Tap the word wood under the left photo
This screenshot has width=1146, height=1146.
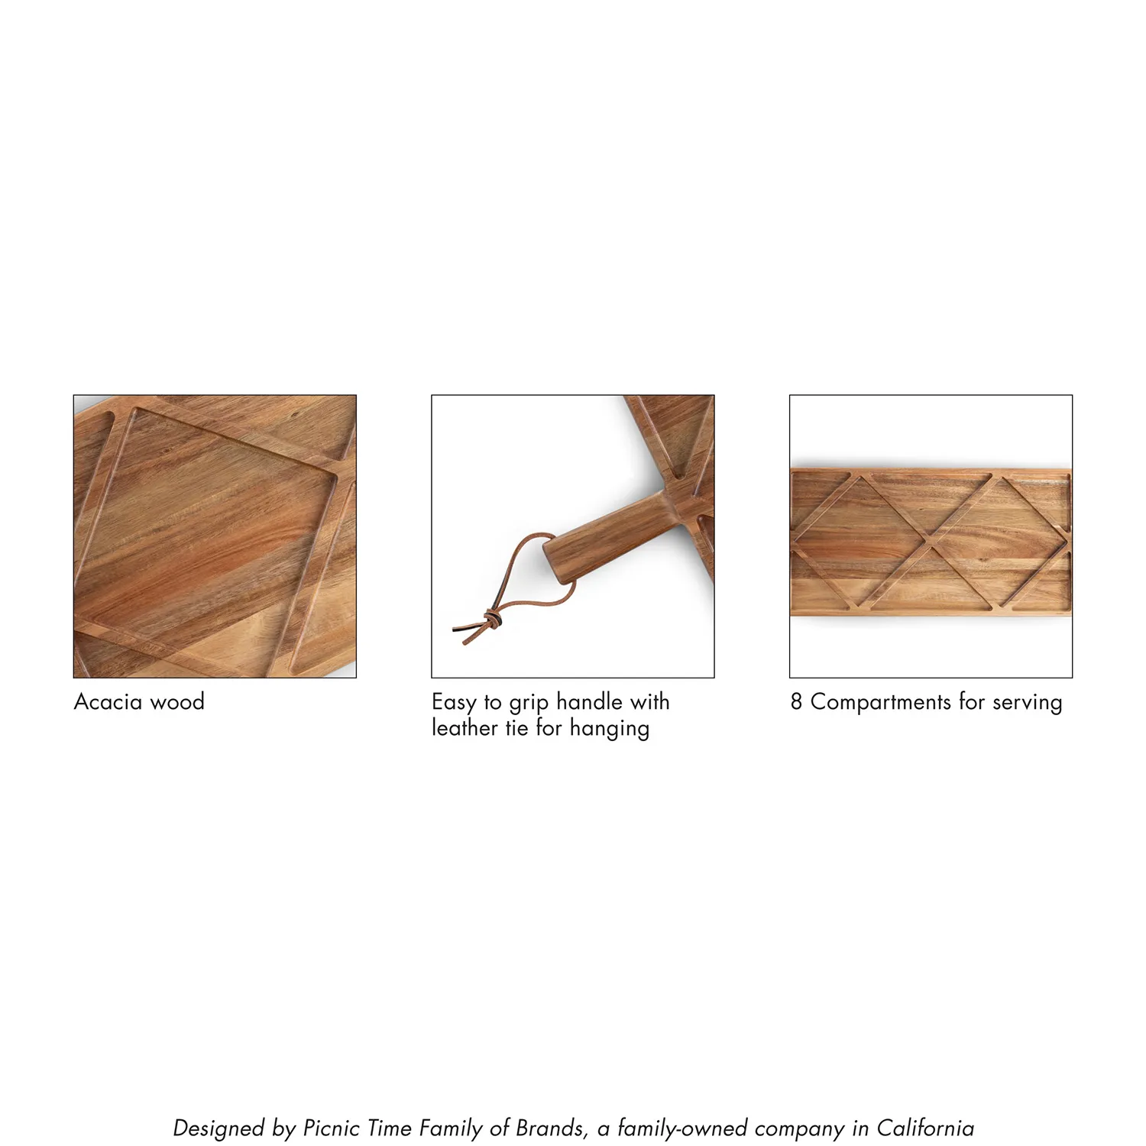[178, 701]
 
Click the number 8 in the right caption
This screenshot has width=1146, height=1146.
[796, 701]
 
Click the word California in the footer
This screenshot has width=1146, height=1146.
[924, 1128]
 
